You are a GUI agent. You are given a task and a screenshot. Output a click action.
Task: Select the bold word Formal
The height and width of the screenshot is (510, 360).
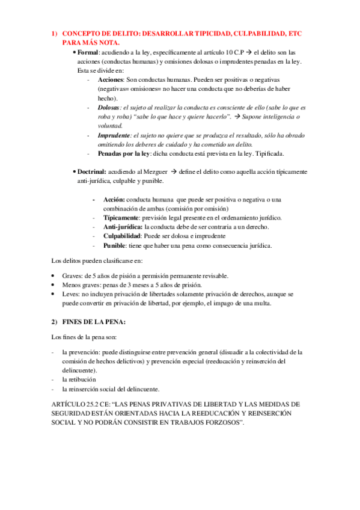(89, 53)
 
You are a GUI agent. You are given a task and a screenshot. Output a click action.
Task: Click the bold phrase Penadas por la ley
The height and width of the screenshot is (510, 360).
(126, 153)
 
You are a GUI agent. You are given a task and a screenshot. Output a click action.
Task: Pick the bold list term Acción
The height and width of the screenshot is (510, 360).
(114, 199)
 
